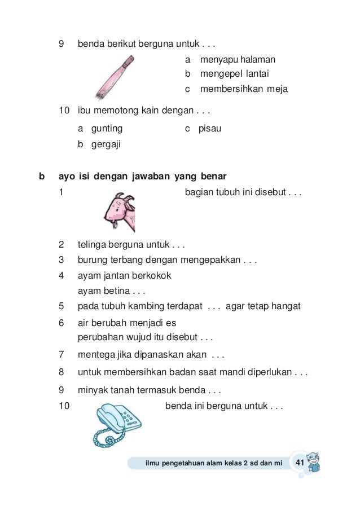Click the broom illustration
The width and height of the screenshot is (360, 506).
point(113,77)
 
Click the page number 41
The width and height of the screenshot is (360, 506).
point(300,463)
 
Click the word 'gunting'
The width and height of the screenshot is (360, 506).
point(107,129)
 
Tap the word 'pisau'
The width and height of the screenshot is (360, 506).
point(210,129)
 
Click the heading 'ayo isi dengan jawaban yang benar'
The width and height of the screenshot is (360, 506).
point(143,177)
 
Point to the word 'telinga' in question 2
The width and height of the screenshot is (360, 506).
point(91,245)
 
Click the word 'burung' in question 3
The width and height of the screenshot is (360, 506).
point(91,260)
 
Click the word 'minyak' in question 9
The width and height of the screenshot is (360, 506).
point(91,389)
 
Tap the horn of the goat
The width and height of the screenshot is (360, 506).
point(130,199)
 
